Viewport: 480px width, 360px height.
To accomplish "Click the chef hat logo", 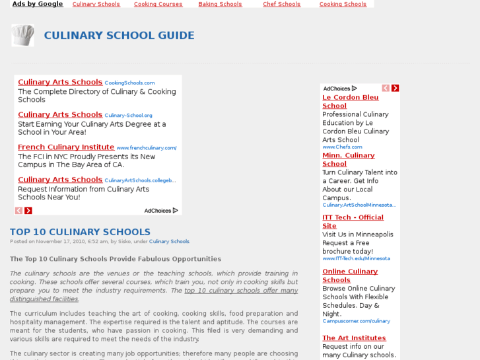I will pos(22,35).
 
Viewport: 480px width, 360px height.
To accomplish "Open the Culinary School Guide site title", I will pos(119,36).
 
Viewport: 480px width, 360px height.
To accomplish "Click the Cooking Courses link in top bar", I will pos(158,4).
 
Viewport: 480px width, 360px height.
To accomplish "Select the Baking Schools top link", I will pos(220,4).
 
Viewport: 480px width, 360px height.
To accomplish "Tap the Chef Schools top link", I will pos(281,4).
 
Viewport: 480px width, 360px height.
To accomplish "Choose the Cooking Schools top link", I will pos(343,4).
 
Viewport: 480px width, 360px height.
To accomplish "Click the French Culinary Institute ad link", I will pos(66,147).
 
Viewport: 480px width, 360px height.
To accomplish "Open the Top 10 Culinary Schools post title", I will pos(80,232).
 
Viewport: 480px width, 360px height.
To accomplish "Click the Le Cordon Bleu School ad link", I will pos(350,101).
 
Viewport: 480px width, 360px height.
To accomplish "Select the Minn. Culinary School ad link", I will pos(348,159).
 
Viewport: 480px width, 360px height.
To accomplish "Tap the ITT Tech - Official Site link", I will pos(353,221).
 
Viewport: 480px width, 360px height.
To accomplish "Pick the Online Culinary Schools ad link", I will pos(350,275).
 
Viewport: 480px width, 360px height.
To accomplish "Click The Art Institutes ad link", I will pos(354,338).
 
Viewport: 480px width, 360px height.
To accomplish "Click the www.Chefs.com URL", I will pos(342,147).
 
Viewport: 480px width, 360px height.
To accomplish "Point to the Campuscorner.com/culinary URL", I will pos(356,321).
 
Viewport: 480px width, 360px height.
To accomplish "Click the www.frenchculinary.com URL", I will pos(147,148).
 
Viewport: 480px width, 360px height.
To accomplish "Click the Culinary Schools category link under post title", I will pos(169,242).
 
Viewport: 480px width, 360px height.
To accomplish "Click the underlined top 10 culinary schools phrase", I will pos(241,291).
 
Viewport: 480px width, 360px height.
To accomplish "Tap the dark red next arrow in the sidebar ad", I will pos(395,88).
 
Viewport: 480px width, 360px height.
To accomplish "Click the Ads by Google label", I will pos(38,4).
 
